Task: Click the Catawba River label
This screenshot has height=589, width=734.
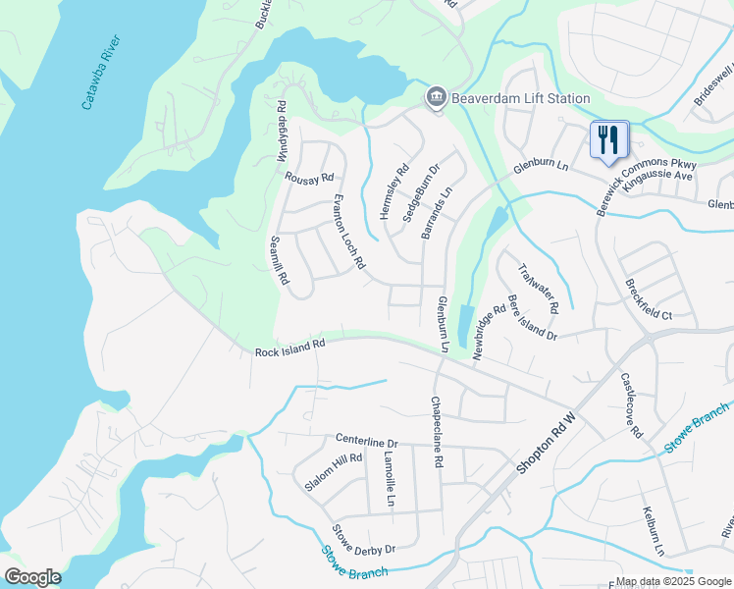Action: coord(102,73)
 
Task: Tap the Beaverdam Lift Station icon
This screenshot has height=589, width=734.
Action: coord(435,98)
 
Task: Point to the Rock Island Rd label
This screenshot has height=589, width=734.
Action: coord(289,348)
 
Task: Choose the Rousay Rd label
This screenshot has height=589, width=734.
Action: coord(309,179)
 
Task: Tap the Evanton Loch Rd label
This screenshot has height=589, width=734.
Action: coord(348,232)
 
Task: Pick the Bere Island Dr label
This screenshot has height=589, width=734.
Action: coord(532,318)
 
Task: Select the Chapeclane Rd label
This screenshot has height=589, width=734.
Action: coord(438,433)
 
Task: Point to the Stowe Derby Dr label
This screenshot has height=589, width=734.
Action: coord(363,540)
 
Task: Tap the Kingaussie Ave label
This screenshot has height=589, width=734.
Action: coord(657,174)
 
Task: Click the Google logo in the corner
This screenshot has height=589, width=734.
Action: coord(32,577)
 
